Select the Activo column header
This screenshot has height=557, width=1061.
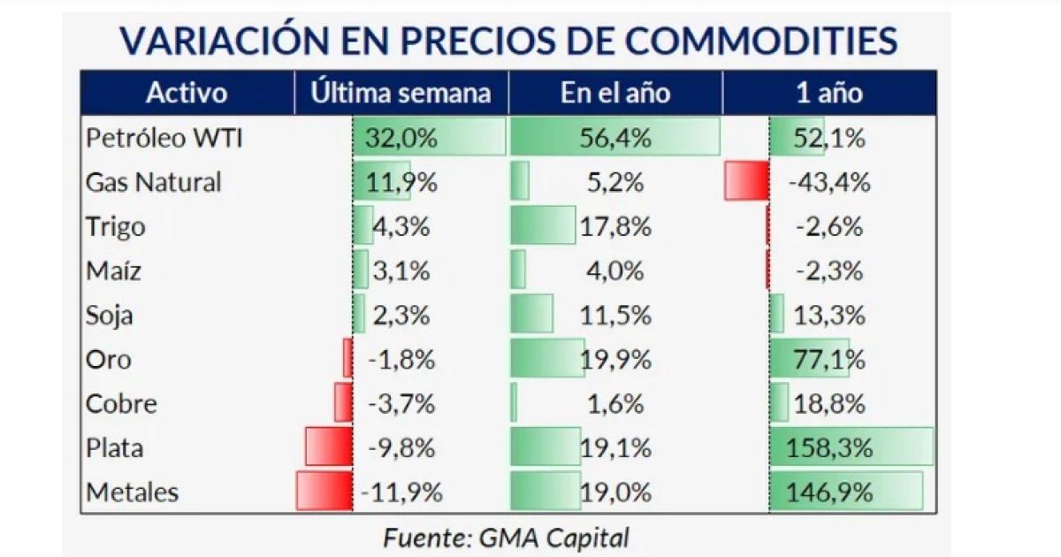point(187,94)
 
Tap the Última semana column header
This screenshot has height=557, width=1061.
point(401,94)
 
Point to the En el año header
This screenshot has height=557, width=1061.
point(615,94)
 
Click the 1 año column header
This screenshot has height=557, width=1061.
point(828,94)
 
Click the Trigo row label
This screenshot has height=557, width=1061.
point(115,226)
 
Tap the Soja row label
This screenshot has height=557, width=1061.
point(110,315)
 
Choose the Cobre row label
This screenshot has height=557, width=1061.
point(121,404)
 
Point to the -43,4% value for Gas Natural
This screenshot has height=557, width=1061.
point(828,182)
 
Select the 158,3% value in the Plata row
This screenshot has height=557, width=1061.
point(828,448)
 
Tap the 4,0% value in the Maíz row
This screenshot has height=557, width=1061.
point(615,271)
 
